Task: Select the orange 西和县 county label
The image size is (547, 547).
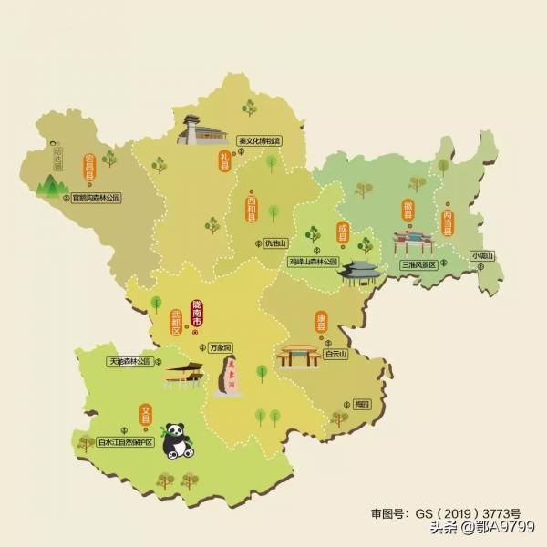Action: click(252, 211)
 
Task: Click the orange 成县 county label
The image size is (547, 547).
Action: click(344, 232)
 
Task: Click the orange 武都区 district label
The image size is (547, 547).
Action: click(177, 323)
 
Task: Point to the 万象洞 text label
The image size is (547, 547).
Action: click(220, 347)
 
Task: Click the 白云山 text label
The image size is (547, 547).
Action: click(335, 355)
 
